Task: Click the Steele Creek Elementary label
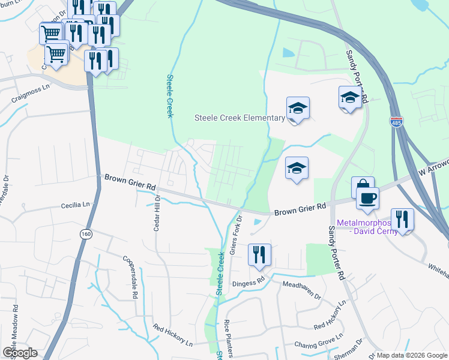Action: pos(239,118)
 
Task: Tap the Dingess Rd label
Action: pos(253,280)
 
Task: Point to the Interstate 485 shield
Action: pos(396,121)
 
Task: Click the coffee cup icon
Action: pos(367,198)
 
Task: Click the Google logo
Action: pos(20,353)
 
